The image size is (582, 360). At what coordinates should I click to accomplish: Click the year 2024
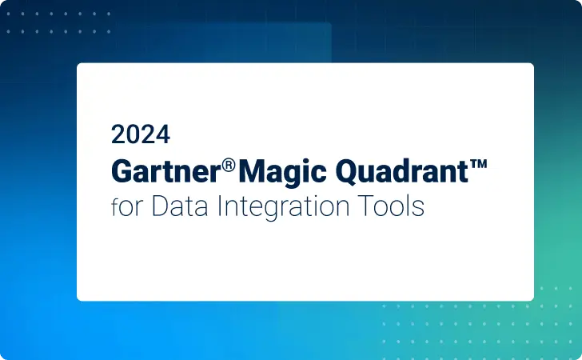tap(140, 134)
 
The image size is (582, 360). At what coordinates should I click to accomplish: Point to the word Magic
tap(277, 170)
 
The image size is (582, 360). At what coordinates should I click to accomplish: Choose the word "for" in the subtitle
tap(124, 206)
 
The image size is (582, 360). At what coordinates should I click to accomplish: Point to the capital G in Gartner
tap(121, 170)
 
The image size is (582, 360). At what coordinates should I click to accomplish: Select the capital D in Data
tap(154, 206)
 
